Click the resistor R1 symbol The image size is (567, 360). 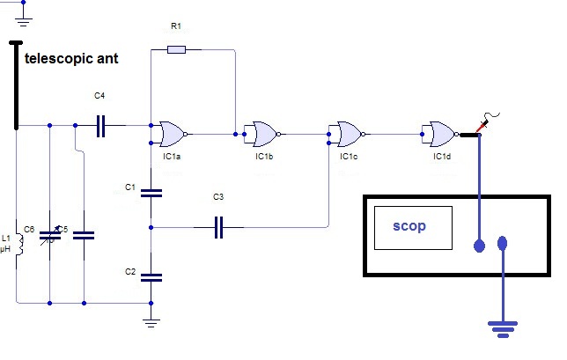click(176, 49)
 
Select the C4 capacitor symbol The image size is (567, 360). click(101, 126)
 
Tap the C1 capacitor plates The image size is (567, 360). click(151, 193)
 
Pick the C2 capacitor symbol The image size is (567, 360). click(151, 277)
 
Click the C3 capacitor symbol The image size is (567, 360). click(218, 227)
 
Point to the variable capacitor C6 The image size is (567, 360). click(50, 236)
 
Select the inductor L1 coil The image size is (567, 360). click(20, 244)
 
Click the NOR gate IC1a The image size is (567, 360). click(173, 134)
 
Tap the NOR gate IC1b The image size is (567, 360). click(266, 134)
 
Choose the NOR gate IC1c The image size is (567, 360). click(350, 134)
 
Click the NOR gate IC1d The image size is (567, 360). click(444, 134)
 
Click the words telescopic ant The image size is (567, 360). click(71, 59)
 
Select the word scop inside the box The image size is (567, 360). click(409, 226)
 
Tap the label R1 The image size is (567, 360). click(176, 26)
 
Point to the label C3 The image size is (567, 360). click(218, 197)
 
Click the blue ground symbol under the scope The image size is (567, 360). click(503, 329)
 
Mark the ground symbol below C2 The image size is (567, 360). click(151, 323)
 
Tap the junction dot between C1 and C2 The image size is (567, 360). click(151, 227)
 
